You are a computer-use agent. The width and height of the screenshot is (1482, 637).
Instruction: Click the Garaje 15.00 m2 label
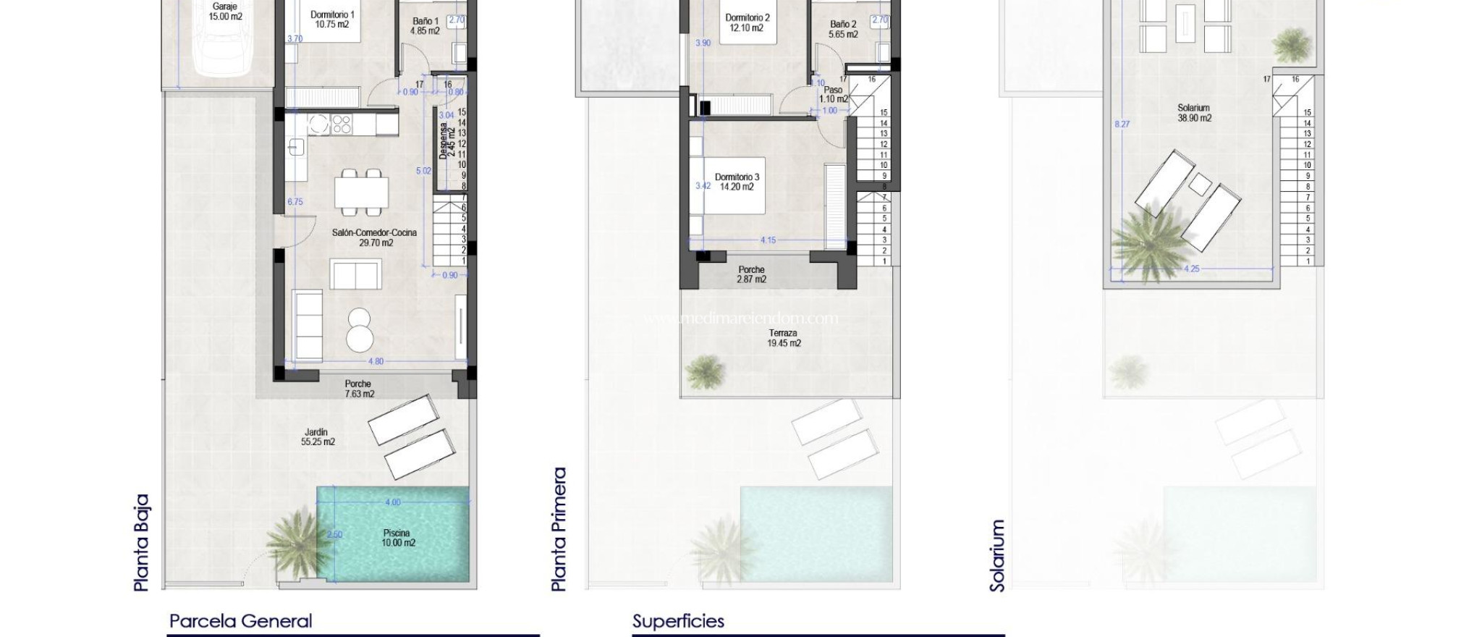[x=225, y=12]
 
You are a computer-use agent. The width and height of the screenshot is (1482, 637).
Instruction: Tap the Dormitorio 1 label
[x=332, y=20]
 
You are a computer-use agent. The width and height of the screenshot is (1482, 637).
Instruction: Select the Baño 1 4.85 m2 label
[x=425, y=26]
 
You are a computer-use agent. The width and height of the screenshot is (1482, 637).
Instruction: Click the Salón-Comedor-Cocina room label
[x=375, y=237]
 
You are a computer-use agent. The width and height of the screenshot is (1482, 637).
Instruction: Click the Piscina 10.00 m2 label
[x=397, y=538]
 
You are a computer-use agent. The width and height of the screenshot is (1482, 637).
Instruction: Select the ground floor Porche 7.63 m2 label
[x=358, y=389]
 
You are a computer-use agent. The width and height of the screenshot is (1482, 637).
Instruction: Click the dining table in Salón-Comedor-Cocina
[x=361, y=193]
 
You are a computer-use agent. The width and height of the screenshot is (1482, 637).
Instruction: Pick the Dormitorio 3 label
[x=737, y=182]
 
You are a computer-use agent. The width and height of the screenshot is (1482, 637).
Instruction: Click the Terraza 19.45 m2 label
[x=784, y=338]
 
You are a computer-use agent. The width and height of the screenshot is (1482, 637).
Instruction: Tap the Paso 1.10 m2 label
[x=833, y=95]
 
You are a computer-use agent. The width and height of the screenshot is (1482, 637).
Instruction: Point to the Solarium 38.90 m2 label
[x=1194, y=113]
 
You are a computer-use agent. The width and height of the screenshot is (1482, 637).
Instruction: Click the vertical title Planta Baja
[x=142, y=543]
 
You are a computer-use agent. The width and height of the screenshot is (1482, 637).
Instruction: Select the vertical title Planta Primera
[x=559, y=529]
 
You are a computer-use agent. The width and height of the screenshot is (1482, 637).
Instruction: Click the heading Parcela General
[x=241, y=621]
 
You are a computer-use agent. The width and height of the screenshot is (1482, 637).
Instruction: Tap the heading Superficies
[x=678, y=621]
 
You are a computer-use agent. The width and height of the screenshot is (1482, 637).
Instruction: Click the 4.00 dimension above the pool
[x=392, y=502]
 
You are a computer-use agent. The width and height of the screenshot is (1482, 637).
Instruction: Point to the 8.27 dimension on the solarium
[x=1122, y=124]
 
